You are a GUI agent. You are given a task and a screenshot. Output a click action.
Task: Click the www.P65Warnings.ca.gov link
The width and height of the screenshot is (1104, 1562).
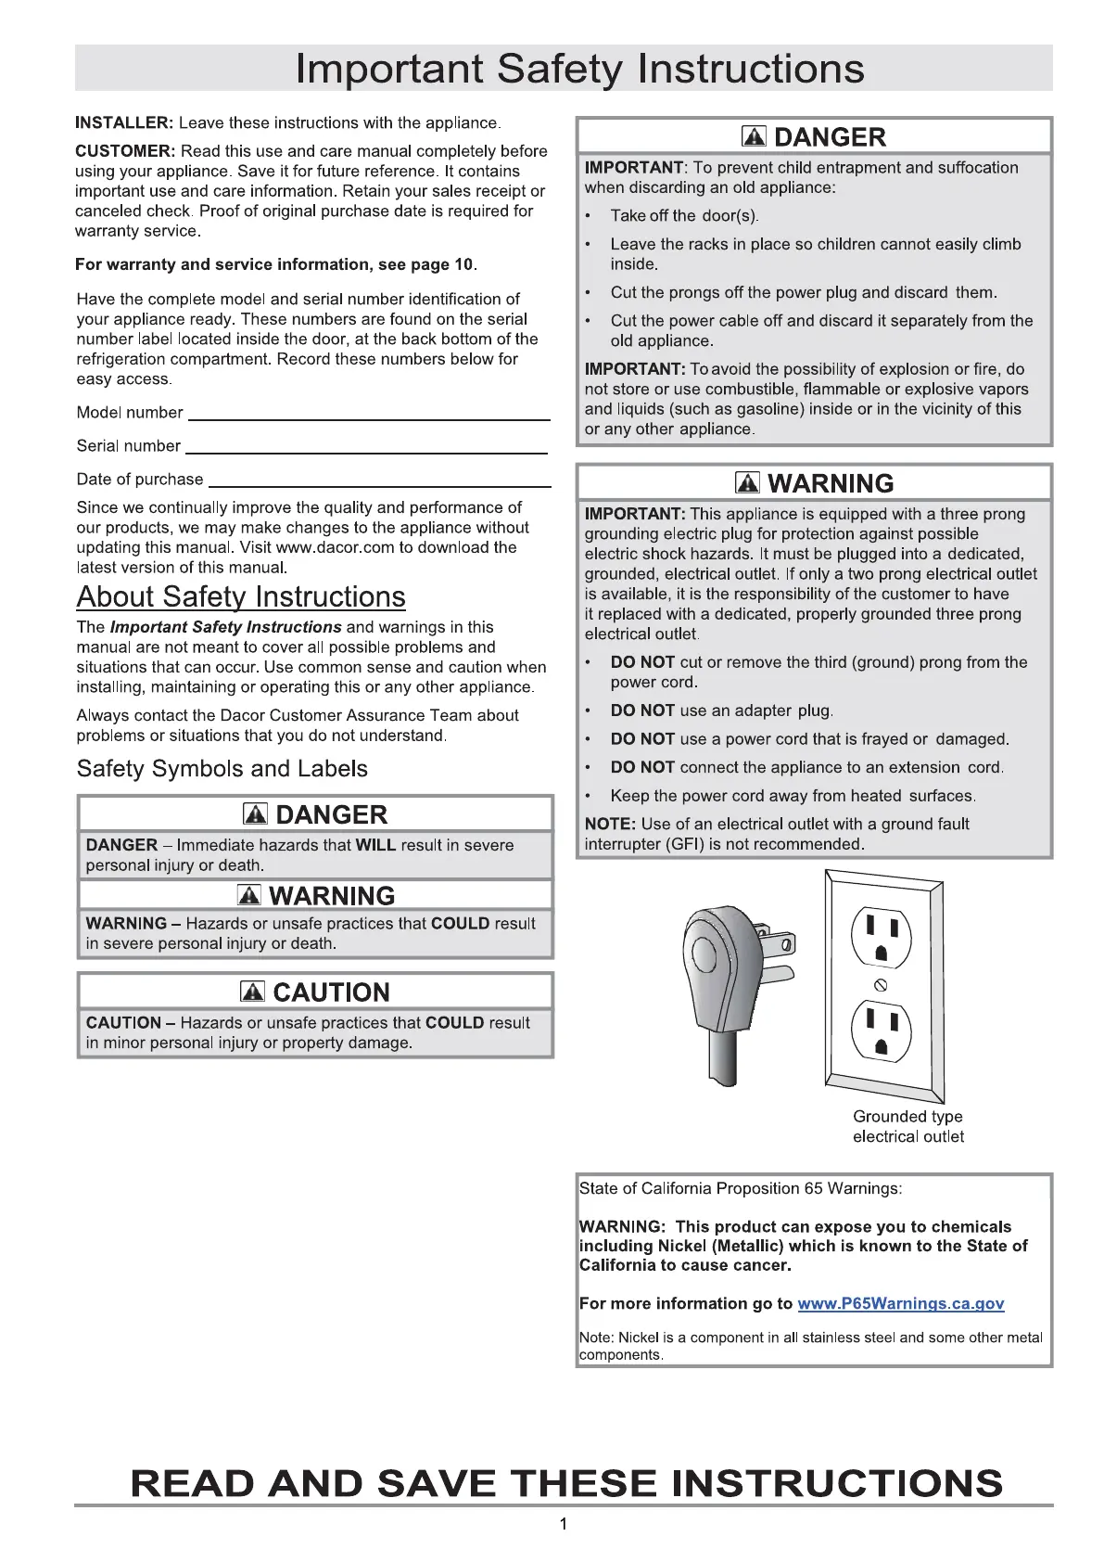900,1303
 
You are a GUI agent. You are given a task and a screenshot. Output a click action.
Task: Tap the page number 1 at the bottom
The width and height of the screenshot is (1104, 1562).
564,1524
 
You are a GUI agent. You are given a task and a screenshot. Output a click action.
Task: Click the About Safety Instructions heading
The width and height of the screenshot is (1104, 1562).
241,596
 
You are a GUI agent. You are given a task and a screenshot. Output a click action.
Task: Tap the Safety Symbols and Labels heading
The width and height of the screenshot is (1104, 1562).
222,769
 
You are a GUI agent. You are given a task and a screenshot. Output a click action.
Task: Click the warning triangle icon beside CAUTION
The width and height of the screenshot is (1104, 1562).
252,992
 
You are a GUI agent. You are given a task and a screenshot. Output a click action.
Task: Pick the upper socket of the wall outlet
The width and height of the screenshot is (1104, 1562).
882,937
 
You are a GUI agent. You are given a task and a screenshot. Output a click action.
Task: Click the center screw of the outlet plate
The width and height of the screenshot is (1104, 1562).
882,985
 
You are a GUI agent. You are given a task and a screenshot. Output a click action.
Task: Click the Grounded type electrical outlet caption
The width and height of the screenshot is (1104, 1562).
907,1127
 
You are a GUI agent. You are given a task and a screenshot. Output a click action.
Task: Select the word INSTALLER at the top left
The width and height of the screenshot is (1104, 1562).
124,123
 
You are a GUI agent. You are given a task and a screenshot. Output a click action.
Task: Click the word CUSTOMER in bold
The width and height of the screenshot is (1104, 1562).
125,151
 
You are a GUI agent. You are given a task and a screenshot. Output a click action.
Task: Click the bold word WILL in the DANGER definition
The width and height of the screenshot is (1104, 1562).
375,845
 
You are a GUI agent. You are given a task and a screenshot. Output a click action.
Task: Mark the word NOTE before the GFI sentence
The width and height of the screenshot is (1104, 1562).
609,824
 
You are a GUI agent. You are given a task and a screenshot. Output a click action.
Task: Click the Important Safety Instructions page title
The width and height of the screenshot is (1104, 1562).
579,69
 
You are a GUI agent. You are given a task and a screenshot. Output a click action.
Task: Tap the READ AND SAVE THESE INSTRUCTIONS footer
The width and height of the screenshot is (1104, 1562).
566,1482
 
